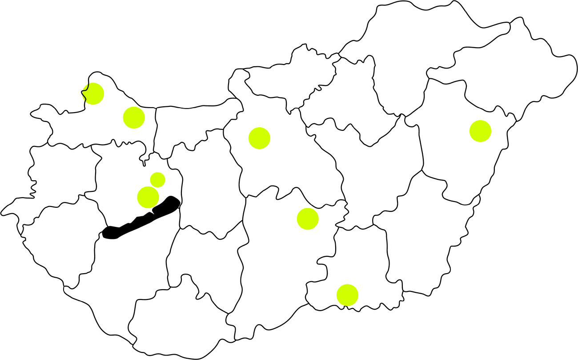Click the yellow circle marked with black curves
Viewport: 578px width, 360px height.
pyautogui.click(x=94, y=94)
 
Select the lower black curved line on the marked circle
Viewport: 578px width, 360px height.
pyautogui.click(x=84, y=97)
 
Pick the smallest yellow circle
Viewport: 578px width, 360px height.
pyautogui.click(x=158, y=180)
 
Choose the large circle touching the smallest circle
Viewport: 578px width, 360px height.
pyautogui.click(x=148, y=197)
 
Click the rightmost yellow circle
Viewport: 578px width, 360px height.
pyautogui.click(x=480, y=131)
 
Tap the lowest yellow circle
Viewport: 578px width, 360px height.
pyautogui.click(x=347, y=295)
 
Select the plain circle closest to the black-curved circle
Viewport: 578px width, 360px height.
pyautogui.click(x=134, y=117)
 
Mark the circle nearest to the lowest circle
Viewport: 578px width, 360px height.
pyautogui.click(x=308, y=219)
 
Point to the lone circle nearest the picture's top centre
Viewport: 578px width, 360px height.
pyautogui.click(x=259, y=138)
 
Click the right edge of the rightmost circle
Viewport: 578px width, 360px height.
pyautogui.click(x=491, y=131)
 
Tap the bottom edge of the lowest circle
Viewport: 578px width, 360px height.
pyautogui.click(x=347, y=306)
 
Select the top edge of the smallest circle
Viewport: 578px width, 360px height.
pyautogui.click(x=158, y=172)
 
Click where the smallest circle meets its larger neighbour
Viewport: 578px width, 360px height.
pyautogui.click(x=154, y=187)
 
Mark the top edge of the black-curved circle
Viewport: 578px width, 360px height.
pyautogui.click(x=93, y=83)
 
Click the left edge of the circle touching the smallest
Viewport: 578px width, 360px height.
pyautogui.click(x=137, y=197)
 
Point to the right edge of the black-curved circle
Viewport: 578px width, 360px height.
pyautogui.click(x=104, y=94)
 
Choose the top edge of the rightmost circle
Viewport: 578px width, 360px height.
pyautogui.click(x=480, y=120)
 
